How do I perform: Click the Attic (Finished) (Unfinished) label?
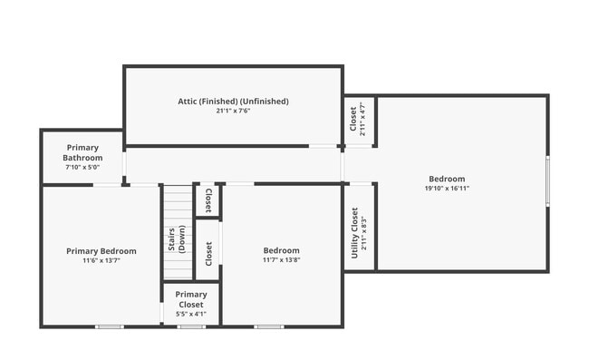click(233, 102)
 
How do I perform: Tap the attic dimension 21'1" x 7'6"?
click(233, 112)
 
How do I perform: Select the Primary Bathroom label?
click(82, 152)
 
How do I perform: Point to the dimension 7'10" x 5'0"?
click(82, 167)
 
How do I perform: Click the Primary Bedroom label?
click(101, 251)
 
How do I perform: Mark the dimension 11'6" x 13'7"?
click(101, 261)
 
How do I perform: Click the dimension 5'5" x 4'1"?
click(191, 314)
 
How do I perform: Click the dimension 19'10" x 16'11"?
click(447, 189)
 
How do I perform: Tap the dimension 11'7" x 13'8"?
click(281, 260)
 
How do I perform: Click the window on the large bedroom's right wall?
click(547, 181)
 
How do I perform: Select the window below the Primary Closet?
click(191, 326)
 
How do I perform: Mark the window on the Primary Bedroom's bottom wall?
click(110, 326)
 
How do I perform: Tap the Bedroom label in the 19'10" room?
click(447, 179)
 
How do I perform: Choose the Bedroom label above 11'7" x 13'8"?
click(281, 250)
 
